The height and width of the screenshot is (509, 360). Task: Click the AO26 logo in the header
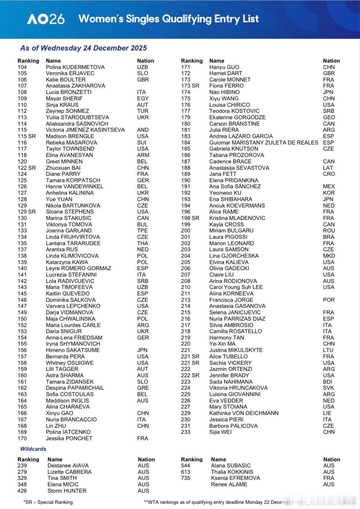tap(46, 19)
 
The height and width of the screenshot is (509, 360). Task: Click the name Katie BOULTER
tap(65, 80)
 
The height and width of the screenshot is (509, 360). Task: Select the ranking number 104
tap(22, 67)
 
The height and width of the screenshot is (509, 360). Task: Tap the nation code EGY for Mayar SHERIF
tap(143, 98)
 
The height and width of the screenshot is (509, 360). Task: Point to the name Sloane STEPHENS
tap(70, 212)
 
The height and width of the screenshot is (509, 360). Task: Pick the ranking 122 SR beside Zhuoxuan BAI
tap(27, 168)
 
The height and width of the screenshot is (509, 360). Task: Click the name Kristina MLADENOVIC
tap(237, 218)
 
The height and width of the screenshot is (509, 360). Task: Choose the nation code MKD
tap(329, 256)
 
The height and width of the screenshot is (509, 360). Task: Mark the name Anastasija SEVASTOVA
tap(239, 168)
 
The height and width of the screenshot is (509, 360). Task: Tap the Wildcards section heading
tap(33, 449)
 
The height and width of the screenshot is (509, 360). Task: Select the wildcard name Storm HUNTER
tap(67, 491)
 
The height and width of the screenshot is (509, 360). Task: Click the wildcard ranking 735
tap(186, 478)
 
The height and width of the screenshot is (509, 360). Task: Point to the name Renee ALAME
tap(229, 484)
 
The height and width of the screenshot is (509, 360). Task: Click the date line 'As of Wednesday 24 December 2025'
tap(83, 48)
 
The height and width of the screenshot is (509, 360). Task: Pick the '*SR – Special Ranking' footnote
tap(48, 502)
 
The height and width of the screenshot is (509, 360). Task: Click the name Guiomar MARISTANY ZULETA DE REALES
tap(264, 143)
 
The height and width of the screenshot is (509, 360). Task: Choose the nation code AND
tap(143, 130)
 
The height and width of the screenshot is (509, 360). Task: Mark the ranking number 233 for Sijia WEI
tap(186, 432)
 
